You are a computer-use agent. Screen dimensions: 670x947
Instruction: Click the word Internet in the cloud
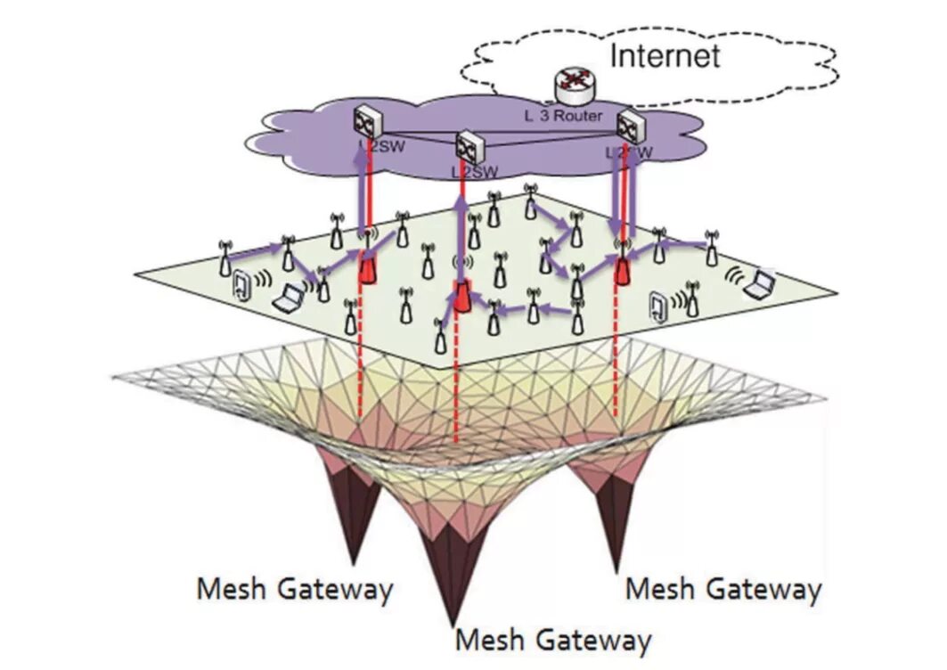point(664,55)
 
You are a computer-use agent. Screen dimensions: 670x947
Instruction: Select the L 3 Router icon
point(572,86)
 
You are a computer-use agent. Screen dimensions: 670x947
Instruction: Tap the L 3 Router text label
point(562,116)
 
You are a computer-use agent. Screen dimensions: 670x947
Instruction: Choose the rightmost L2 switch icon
point(629,125)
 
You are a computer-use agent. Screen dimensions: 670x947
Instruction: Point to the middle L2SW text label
point(474,171)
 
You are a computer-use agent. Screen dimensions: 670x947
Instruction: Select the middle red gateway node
point(461,296)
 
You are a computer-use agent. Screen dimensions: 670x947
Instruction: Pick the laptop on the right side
point(759,285)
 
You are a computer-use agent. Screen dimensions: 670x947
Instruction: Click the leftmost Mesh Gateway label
point(294,590)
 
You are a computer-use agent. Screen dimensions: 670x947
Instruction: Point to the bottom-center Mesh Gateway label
point(552,640)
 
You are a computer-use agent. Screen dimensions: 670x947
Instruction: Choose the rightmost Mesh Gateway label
point(723,589)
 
